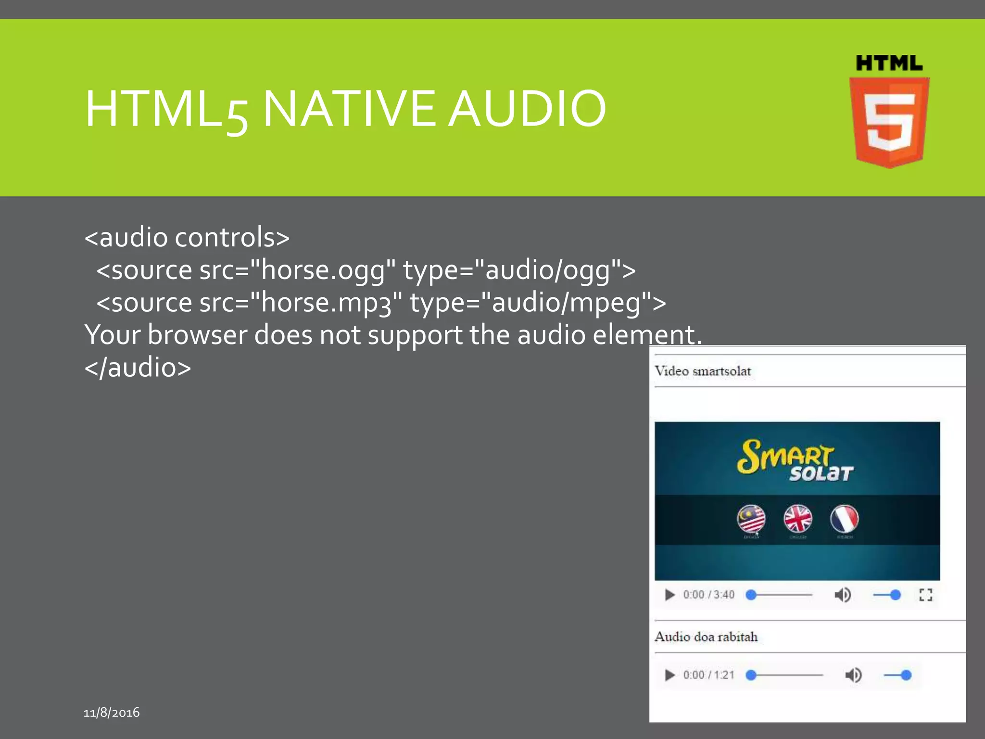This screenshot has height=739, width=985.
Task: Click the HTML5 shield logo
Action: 889,120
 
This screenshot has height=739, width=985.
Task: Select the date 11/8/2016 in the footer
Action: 112,713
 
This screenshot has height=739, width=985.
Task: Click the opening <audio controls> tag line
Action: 187,237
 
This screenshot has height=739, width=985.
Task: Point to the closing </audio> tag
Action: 138,368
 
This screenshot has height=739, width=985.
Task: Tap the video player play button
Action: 669,595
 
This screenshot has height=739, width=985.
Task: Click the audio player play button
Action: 669,675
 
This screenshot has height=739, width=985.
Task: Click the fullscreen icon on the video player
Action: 926,595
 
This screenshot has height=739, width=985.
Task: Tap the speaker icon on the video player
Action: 842,595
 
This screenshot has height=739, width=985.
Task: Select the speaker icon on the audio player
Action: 853,675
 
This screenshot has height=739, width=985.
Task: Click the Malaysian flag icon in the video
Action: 751,519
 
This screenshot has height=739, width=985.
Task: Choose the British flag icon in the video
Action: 798,519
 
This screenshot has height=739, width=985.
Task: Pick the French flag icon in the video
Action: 845,519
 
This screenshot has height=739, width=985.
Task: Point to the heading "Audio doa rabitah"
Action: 706,637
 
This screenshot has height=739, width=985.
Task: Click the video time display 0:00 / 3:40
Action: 709,595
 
